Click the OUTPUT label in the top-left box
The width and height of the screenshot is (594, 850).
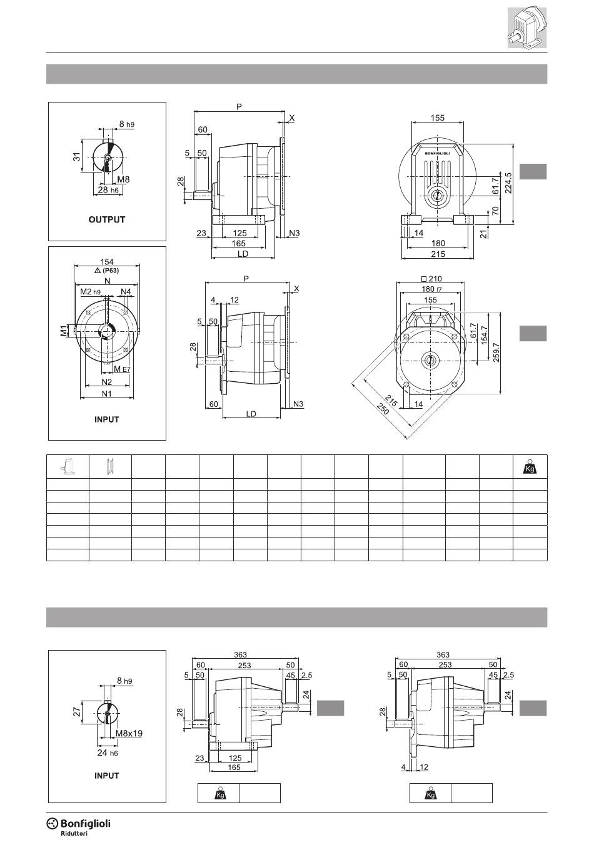pyautogui.click(x=107, y=219)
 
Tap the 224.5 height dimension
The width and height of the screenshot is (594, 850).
pyautogui.click(x=508, y=183)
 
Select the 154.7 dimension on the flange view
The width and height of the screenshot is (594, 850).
pyautogui.click(x=485, y=335)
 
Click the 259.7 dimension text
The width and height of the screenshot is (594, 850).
pyautogui.click(x=496, y=352)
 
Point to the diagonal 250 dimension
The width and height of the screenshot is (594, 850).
pyautogui.click(x=383, y=408)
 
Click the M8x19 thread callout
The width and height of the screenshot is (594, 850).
pyautogui.click(x=129, y=733)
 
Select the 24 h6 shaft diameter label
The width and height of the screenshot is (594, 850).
pyautogui.click(x=108, y=753)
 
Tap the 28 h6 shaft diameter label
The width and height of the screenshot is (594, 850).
pyautogui.click(x=108, y=190)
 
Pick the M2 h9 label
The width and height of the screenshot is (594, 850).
pyautogui.click(x=90, y=291)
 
